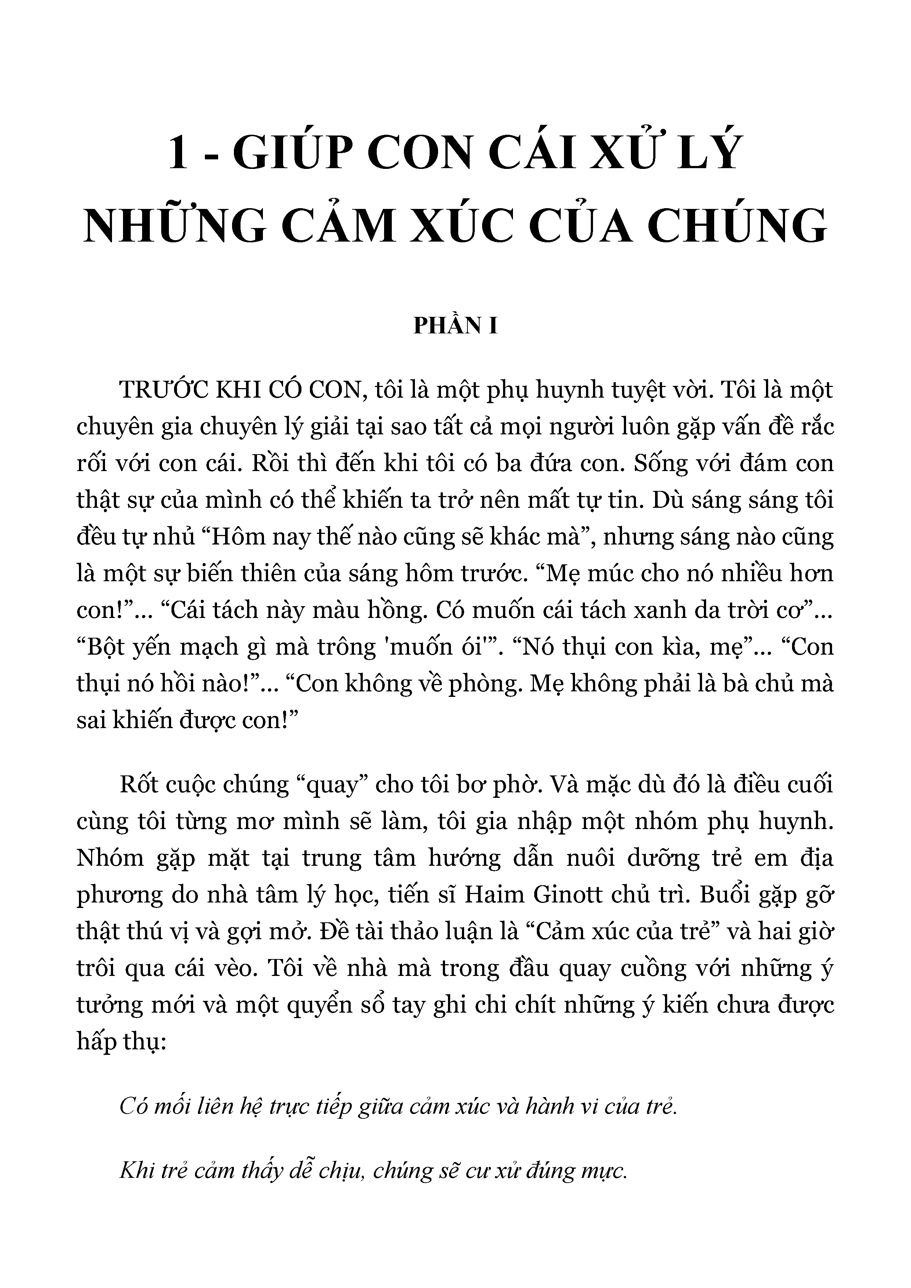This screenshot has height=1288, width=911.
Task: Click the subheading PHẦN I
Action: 455,326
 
